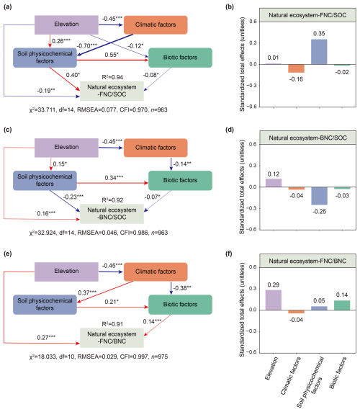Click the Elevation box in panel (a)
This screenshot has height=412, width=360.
(x=66, y=24)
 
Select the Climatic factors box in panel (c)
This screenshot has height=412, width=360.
(x=156, y=148)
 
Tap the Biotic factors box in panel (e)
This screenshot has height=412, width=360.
(x=180, y=305)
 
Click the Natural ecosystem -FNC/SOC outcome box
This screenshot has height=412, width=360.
(x=112, y=91)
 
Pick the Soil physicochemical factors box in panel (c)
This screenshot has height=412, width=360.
(x=45, y=181)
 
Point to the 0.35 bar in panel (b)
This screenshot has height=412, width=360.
(x=319, y=52)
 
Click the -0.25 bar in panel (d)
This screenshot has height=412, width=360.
(x=319, y=196)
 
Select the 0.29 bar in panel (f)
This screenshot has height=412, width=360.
(x=274, y=300)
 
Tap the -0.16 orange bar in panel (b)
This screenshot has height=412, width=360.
(x=296, y=68)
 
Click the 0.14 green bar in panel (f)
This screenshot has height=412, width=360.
(x=342, y=305)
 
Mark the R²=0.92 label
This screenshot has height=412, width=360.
(x=112, y=200)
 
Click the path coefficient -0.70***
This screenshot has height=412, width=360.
(x=87, y=45)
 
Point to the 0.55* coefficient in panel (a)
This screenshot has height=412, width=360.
(x=112, y=55)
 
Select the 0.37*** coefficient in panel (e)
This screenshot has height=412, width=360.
(x=87, y=292)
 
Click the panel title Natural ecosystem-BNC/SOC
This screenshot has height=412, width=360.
(x=307, y=138)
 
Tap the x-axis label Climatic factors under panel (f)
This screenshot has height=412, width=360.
(x=291, y=376)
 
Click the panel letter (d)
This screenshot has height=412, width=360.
(x=230, y=130)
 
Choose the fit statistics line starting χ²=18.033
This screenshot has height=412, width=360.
(x=99, y=357)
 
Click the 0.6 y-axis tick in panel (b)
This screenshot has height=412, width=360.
(x=253, y=22)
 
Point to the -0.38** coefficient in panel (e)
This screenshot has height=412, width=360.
(x=182, y=288)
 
